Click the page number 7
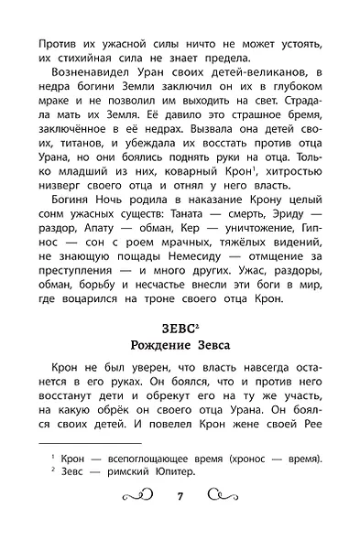click(180, 523)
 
